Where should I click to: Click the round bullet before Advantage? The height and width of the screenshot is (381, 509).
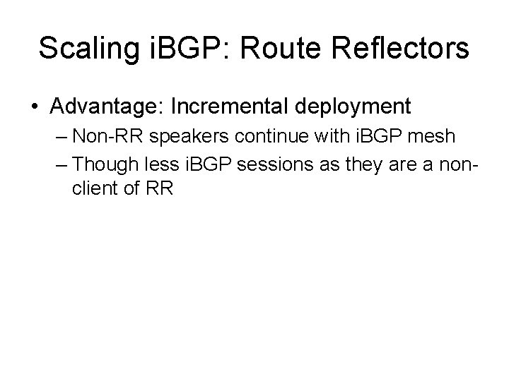(x=35, y=107)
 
